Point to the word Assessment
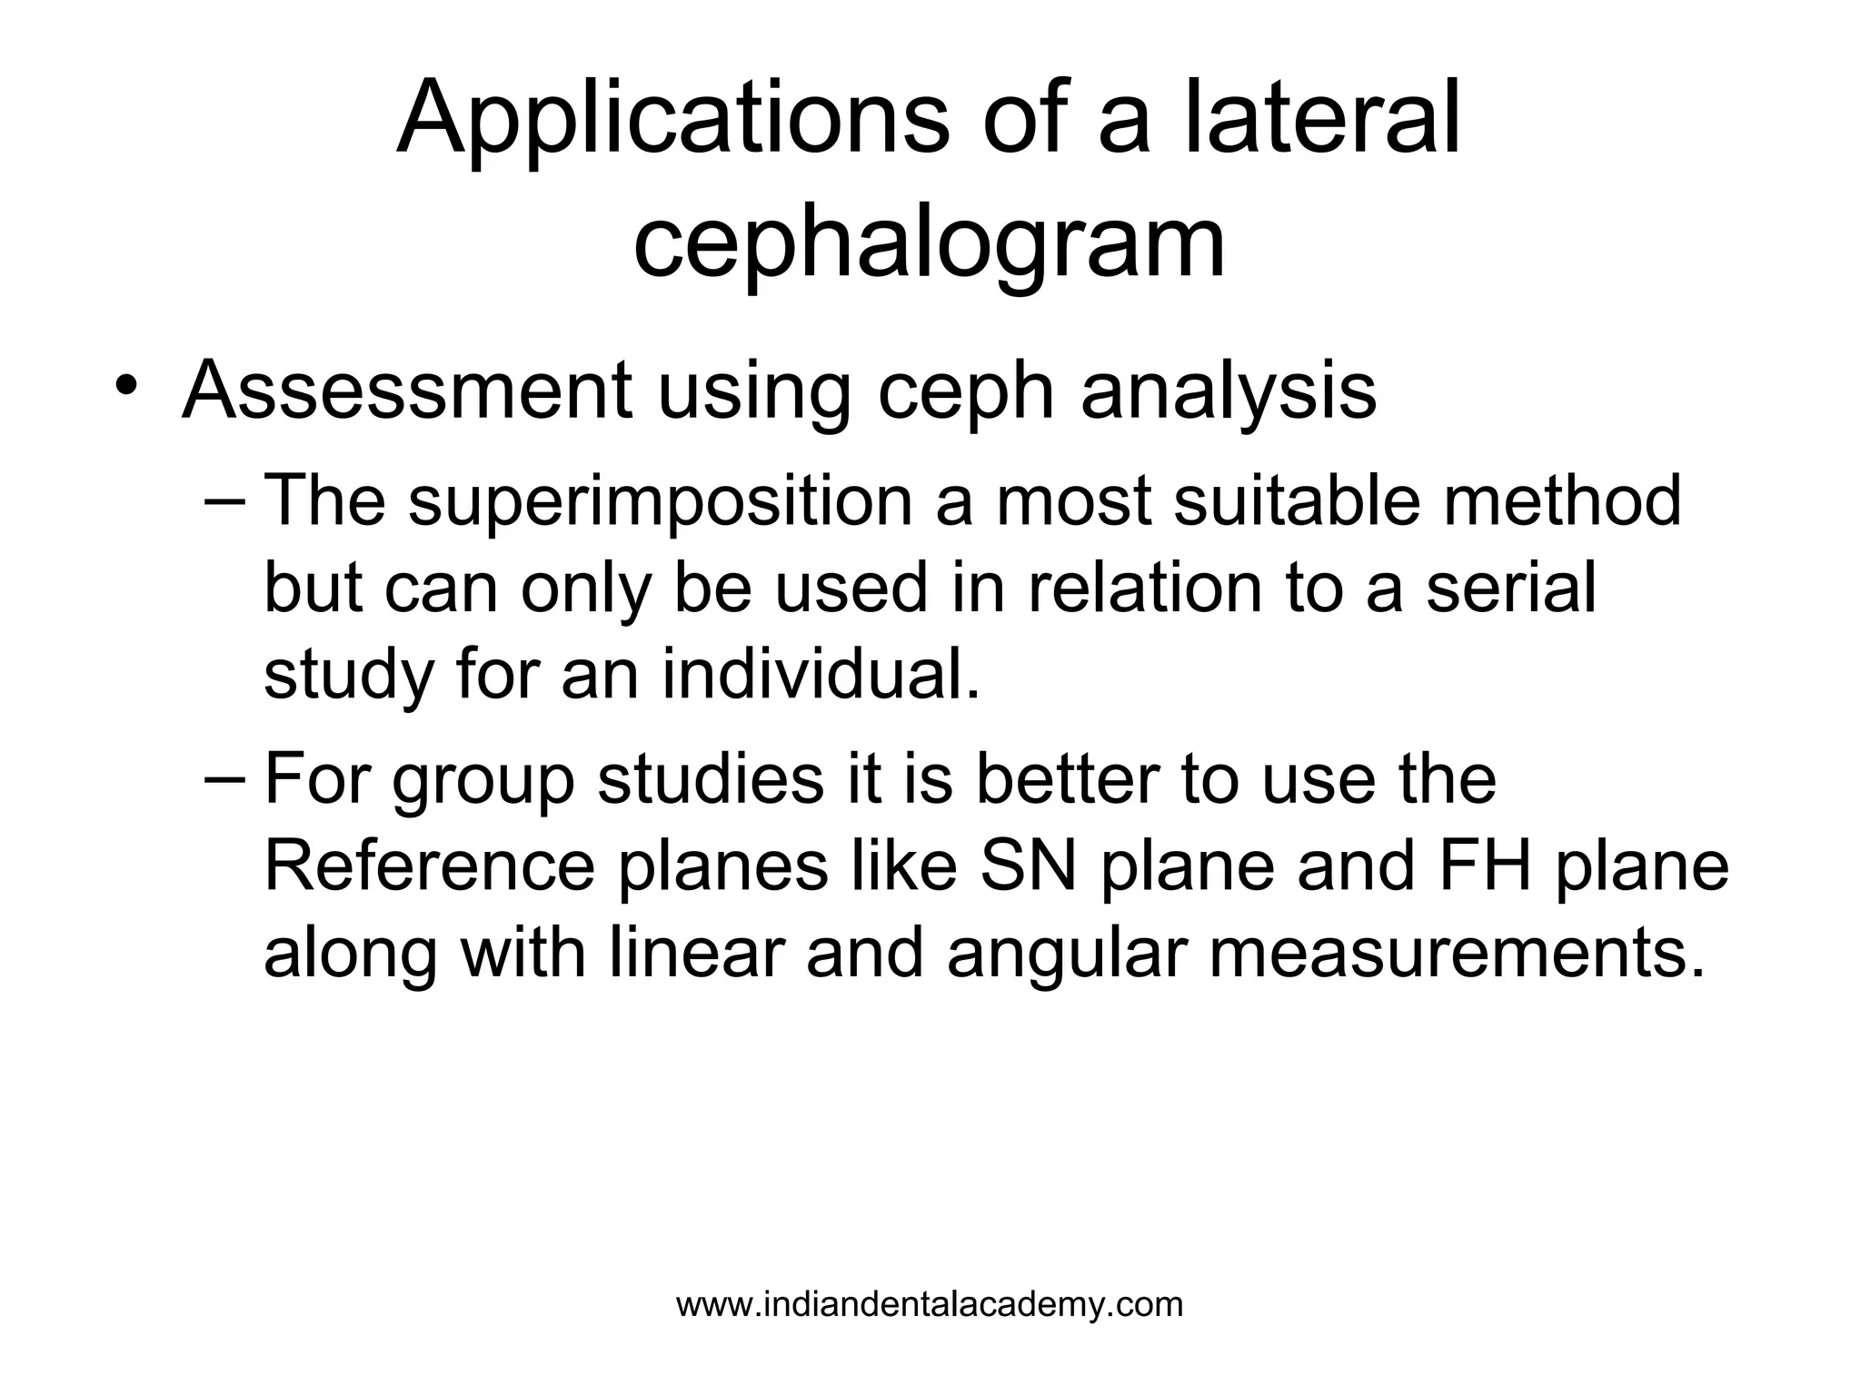pos(406,391)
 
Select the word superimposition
pos(661,502)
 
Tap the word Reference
pos(429,866)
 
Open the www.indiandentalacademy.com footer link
pos(930,1305)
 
